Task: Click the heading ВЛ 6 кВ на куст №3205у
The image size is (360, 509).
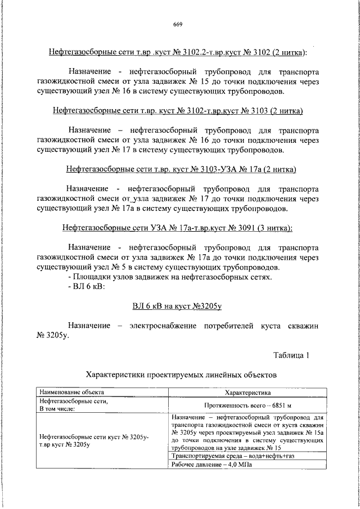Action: coord(178,306)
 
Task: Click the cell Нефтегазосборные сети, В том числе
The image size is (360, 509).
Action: coord(73,405)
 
